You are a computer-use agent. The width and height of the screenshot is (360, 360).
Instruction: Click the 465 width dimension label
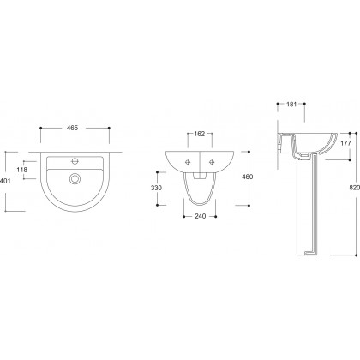(x=72, y=128)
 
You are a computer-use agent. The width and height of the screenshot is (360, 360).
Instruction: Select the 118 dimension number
(x=22, y=170)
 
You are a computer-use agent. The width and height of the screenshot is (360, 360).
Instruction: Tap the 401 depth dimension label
(x=5, y=181)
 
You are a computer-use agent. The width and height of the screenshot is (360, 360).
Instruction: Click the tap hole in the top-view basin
(x=75, y=161)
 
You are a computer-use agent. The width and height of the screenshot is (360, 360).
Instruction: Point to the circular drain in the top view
(x=75, y=179)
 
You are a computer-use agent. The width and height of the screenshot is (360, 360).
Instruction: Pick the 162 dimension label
(x=200, y=134)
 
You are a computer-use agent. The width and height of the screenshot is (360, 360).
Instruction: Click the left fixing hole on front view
(x=188, y=162)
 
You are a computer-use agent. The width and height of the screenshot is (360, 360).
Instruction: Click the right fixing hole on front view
(x=212, y=162)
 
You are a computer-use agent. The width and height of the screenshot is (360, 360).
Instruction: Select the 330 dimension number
(x=156, y=188)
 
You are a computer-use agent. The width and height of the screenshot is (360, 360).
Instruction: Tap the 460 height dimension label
(x=248, y=177)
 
